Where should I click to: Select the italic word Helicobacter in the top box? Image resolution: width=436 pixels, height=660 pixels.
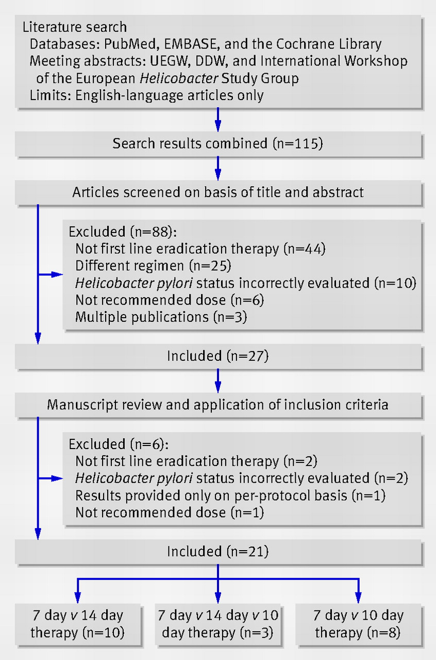coord(179,78)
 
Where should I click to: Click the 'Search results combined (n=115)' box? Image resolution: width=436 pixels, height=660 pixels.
coord(219,144)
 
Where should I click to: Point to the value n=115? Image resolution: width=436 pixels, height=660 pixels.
coord(298,143)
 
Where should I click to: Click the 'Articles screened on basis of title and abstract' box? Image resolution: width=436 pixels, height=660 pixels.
coord(219,192)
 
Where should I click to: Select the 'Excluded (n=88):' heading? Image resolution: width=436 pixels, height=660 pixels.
coord(123,232)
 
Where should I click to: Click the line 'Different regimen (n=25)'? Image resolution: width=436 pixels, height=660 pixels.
coord(153,266)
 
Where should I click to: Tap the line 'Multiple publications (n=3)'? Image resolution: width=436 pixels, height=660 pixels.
coord(161,317)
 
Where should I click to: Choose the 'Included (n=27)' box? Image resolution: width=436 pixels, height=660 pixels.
coord(219,356)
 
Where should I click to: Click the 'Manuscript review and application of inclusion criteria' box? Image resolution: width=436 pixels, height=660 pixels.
coord(219,405)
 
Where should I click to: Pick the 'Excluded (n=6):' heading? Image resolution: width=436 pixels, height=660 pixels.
coord(119,444)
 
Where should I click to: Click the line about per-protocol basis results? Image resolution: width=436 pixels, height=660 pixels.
coord(230,496)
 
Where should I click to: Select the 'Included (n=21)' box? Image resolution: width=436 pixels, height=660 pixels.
coord(219,552)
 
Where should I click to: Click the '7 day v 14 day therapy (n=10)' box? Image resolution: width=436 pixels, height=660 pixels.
coord(78,624)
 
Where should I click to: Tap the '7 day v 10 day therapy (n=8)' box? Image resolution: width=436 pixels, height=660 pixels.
coord(358,624)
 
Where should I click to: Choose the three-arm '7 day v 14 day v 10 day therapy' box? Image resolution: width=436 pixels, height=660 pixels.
coord(218,624)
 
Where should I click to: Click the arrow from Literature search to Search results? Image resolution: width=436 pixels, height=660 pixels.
coord(218,120)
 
